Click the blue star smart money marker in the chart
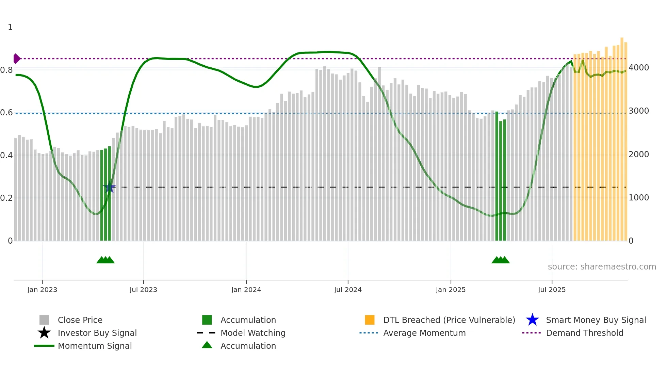click(x=109, y=187)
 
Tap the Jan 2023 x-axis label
click(x=42, y=290)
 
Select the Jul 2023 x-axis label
click(x=143, y=290)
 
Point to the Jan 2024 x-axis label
click(x=246, y=290)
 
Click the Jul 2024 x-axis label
click(x=348, y=290)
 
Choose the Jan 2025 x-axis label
click(x=451, y=290)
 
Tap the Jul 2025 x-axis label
click(x=552, y=290)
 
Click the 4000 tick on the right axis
click(x=638, y=68)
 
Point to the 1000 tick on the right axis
click(x=638, y=198)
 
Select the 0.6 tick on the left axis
click(x=6, y=113)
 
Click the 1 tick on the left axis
click(x=10, y=27)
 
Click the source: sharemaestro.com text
click(x=602, y=267)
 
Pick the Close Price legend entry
click(x=80, y=320)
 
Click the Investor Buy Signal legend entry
click(x=97, y=333)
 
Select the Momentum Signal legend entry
click(x=95, y=346)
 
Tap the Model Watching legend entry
click(x=253, y=333)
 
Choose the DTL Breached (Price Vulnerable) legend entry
click(x=449, y=320)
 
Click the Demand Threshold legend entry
click(x=584, y=333)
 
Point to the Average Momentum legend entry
click(x=424, y=333)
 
